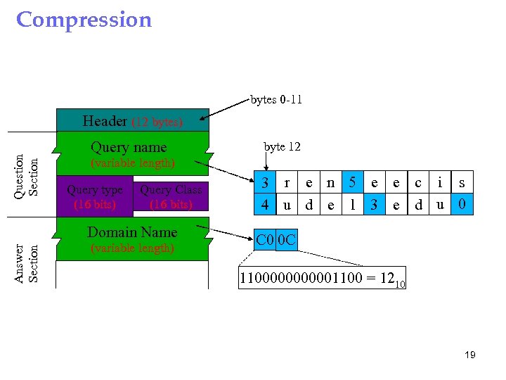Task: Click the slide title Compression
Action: click(x=84, y=20)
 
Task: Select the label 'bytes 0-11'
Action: click(x=276, y=99)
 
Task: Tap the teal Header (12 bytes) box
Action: click(x=132, y=120)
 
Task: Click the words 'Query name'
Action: click(x=129, y=147)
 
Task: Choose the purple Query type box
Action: click(x=94, y=197)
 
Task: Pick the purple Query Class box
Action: click(x=171, y=197)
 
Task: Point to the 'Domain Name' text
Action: click(x=131, y=232)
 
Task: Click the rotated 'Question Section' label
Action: click(x=27, y=175)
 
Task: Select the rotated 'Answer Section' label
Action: click(x=27, y=263)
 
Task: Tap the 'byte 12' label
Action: click(x=282, y=146)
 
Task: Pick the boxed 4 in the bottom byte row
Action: click(x=265, y=205)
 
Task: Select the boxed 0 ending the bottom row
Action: click(x=462, y=205)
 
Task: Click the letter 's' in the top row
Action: click(x=462, y=183)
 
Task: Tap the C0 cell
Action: click(x=265, y=241)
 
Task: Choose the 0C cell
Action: click(x=286, y=241)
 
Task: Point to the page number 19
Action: click(x=469, y=355)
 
